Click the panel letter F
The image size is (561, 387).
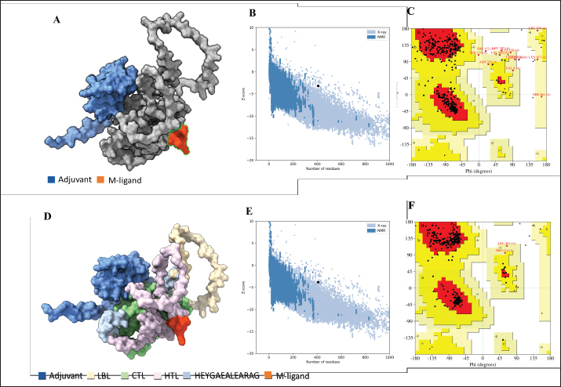point(411,208)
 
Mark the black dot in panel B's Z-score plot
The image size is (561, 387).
point(318,85)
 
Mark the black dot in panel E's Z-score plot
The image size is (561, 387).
point(318,281)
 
